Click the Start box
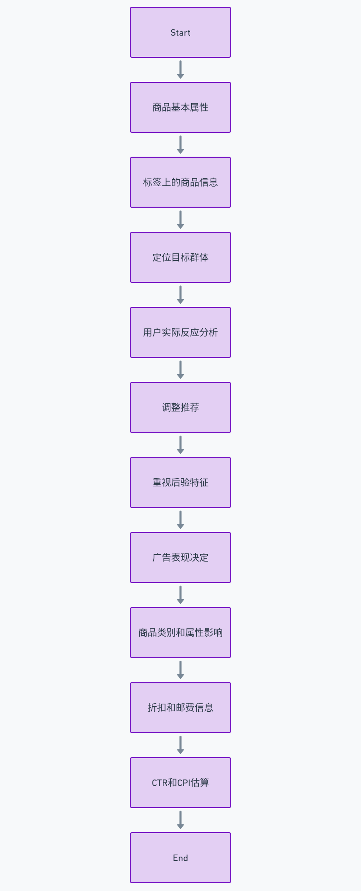click(180, 32)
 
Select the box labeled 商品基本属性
click(180, 107)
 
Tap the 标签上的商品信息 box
click(180, 182)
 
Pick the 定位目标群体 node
click(180, 257)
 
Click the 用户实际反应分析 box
click(180, 332)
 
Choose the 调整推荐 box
click(180, 408)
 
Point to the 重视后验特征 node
click(180, 482)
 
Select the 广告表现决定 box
click(180, 558)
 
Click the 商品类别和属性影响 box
click(180, 633)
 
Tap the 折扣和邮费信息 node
click(180, 708)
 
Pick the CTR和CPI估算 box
click(180, 783)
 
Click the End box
click(180, 858)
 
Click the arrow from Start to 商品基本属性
click(180, 69)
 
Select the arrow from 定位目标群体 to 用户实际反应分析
click(180, 295)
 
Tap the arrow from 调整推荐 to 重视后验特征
click(180, 445)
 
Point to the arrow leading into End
click(180, 820)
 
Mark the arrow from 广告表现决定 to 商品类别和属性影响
click(180, 595)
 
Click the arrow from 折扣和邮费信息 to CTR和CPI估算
click(180, 745)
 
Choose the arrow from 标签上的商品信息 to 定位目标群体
click(180, 220)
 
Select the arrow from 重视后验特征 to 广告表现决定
click(180, 520)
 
